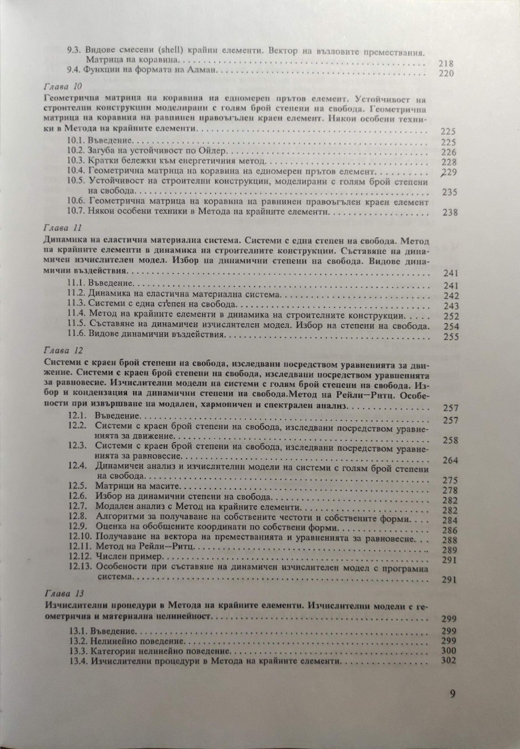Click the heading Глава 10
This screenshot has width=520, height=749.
[63, 87]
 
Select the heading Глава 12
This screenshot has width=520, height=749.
[63, 351]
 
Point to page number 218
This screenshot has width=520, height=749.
[446, 64]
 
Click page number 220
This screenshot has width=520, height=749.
[446, 73]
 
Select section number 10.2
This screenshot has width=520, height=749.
[77, 152]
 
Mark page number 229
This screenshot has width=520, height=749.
[448, 172]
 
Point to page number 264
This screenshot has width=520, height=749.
[450, 460]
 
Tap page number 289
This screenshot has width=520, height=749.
[450, 550]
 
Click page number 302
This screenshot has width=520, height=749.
[448, 660]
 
